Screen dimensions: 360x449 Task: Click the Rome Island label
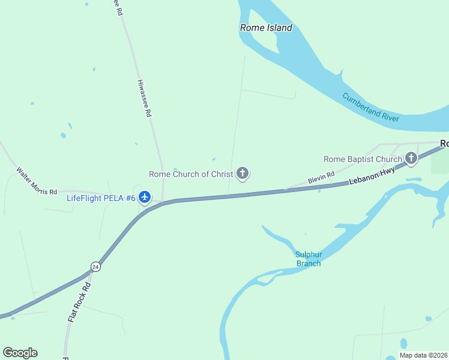266,28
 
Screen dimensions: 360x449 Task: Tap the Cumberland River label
370,107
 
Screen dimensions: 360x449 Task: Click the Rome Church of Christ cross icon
243,174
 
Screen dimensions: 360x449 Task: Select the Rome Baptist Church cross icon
411,159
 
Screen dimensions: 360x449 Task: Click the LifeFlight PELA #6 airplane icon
145,197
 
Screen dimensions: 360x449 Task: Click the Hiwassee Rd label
145,98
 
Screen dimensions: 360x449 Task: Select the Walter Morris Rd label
36,179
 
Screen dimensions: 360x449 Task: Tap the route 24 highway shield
95,266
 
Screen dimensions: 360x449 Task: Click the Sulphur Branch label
308,259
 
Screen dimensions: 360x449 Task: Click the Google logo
20,353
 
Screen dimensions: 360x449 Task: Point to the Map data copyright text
423,355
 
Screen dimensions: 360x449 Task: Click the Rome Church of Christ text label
191,175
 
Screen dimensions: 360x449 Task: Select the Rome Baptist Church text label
363,160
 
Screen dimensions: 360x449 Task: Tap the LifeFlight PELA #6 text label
101,197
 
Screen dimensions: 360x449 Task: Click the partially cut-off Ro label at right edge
444,144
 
